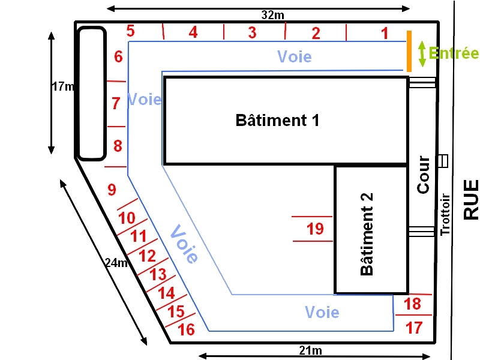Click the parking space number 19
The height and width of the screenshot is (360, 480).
pyautogui.click(x=315, y=229)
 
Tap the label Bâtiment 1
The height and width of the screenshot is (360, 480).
pyautogui.click(x=277, y=120)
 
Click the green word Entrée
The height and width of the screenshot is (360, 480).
pyautogui.click(x=455, y=53)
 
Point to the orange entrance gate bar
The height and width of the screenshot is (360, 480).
pyautogui.click(x=409, y=51)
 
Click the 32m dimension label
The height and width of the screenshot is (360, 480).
pyautogui.click(x=273, y=15)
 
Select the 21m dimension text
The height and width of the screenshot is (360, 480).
pyautogui.click(x=311, y=351)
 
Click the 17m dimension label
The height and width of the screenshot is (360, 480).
pyautogui.click(x=62, y=86)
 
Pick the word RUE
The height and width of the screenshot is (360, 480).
pyautogui.click(x=472, y=200)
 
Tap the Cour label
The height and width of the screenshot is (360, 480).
pyautogui.click(x=424, y=175)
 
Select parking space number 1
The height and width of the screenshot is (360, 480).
pyautogui.click(x=385, y=33)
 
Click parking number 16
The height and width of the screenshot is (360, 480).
pyautogui.click(x=187, y=329)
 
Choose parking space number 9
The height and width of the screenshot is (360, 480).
pyautogui.click(x=112, y=190)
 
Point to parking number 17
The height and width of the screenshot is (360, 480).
pyautogui.click(x=414, y=328)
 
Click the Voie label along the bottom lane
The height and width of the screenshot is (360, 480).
pyautogui.click(x=322, y=312)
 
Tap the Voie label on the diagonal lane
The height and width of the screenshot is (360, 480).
pyautogui.click(x=184, y=243)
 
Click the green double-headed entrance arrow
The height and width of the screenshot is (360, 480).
pyautogui.click(x=422, y=53)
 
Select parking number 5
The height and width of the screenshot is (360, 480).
pyautogui.click(x=131, y=31)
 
